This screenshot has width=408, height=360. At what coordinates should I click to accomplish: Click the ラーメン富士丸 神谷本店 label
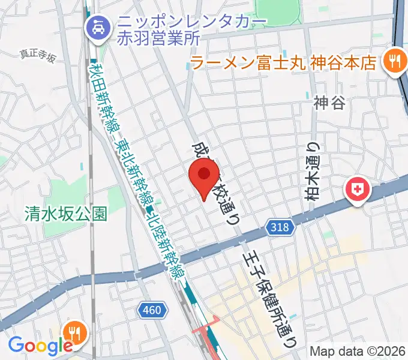[x=283, y=62]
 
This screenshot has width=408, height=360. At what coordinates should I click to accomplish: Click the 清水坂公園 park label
[x=66, y=213]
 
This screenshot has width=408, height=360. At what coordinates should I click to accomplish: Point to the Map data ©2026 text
[x=358, y=351]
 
